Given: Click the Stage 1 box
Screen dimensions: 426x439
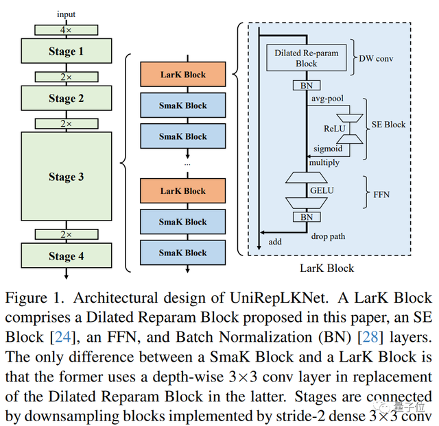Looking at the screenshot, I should click(x=67, y=51).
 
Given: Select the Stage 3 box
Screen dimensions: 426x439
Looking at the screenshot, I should click(x=67, y=177).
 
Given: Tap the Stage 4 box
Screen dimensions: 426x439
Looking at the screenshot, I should click(x=67, y=256).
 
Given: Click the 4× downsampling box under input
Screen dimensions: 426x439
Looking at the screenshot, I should click(x=67, y=30).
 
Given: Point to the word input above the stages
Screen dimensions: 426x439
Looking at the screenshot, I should click(x=67, y=14).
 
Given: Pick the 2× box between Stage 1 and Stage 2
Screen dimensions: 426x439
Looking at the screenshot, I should click(x=67, y=77).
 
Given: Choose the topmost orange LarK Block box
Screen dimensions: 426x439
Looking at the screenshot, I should click(x=182, y=75).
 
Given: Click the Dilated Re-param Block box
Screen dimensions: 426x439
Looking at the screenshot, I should click(x=306, y=58).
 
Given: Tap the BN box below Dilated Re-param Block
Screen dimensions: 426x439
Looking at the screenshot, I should click(x=305, y=86).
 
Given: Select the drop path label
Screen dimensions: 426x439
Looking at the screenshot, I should click(x=328, y=236).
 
